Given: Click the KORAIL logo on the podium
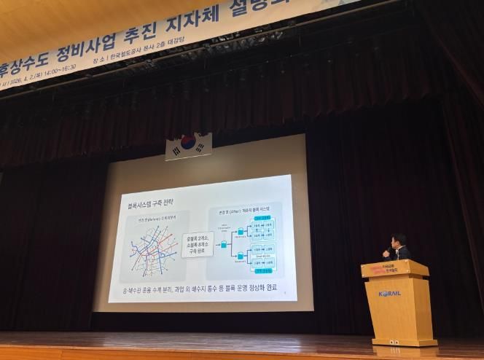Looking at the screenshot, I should [390, 294].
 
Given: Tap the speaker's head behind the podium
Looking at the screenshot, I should [397, 241].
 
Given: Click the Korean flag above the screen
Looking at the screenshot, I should [189, 146].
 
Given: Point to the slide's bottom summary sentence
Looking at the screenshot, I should [196, 289].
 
